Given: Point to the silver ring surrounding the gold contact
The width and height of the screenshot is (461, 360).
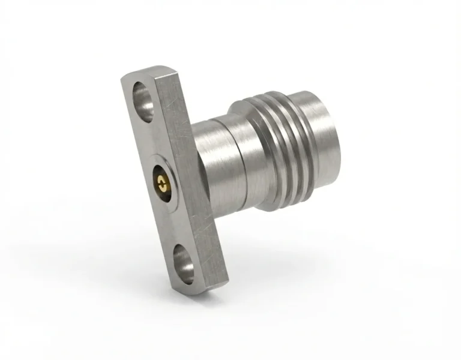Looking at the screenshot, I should (x=169, y=178).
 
